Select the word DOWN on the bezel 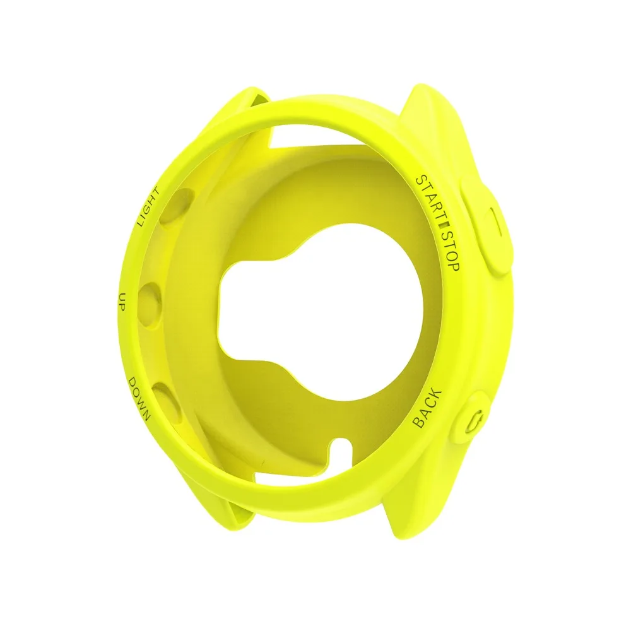138,399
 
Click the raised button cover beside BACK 476,420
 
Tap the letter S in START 419,179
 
